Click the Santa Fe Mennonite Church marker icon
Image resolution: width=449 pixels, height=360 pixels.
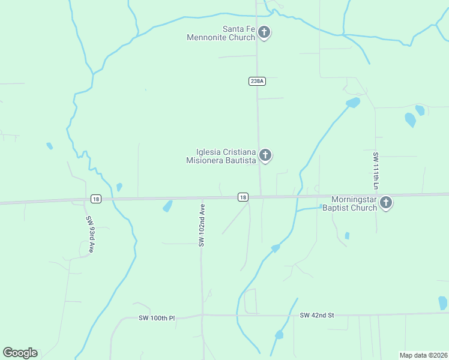(x=264, y=33)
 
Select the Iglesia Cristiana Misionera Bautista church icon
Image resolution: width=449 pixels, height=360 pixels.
(x=265, y=156)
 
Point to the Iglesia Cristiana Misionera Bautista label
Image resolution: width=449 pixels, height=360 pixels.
(x=221, y=156)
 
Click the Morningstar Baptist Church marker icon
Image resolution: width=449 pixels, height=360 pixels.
(x=386, y=203)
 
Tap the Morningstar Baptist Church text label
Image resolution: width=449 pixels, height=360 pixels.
(x=349, y=203)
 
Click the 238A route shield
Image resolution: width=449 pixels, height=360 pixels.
(x=256, y=81)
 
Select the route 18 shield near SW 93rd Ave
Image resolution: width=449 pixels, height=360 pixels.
(x=95, y=199)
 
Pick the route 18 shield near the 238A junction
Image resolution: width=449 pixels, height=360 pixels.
(x=243, y=197)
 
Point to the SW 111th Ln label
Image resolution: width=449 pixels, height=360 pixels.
(x=376, y=171)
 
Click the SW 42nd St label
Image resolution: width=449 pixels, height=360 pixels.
(x=316, y=315)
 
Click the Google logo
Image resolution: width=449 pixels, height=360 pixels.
(x=20, y=353)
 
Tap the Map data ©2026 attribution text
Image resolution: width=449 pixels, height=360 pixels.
(x=423, y=355)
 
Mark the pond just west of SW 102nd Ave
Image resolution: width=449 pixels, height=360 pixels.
(x=167, y=206)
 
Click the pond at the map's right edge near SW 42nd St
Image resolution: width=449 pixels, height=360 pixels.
(x=443, y=303)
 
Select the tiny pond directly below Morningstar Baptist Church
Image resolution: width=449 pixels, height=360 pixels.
(x=347, y=236)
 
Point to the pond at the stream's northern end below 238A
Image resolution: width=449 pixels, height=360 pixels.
(x=353, y=103)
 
